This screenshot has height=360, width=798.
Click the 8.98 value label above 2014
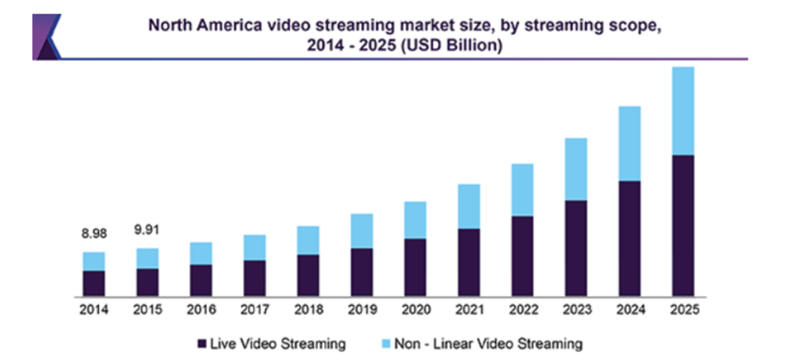(93, 233)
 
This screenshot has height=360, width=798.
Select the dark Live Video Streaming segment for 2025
(683, 225)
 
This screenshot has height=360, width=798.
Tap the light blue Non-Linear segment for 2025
(683, 110)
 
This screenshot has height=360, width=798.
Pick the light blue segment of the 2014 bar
(93, 261)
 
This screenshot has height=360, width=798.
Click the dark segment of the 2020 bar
(416, 267)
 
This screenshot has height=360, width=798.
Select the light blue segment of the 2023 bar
(576, 169)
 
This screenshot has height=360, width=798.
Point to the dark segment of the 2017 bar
(255, 277)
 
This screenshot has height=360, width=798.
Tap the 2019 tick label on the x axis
(362, 310)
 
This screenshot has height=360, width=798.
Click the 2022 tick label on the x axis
(522, 310)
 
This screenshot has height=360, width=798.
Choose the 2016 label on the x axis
(201, 310)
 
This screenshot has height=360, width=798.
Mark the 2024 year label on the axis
(629, 310)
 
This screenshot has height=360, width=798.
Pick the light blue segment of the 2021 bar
(469, 206)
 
